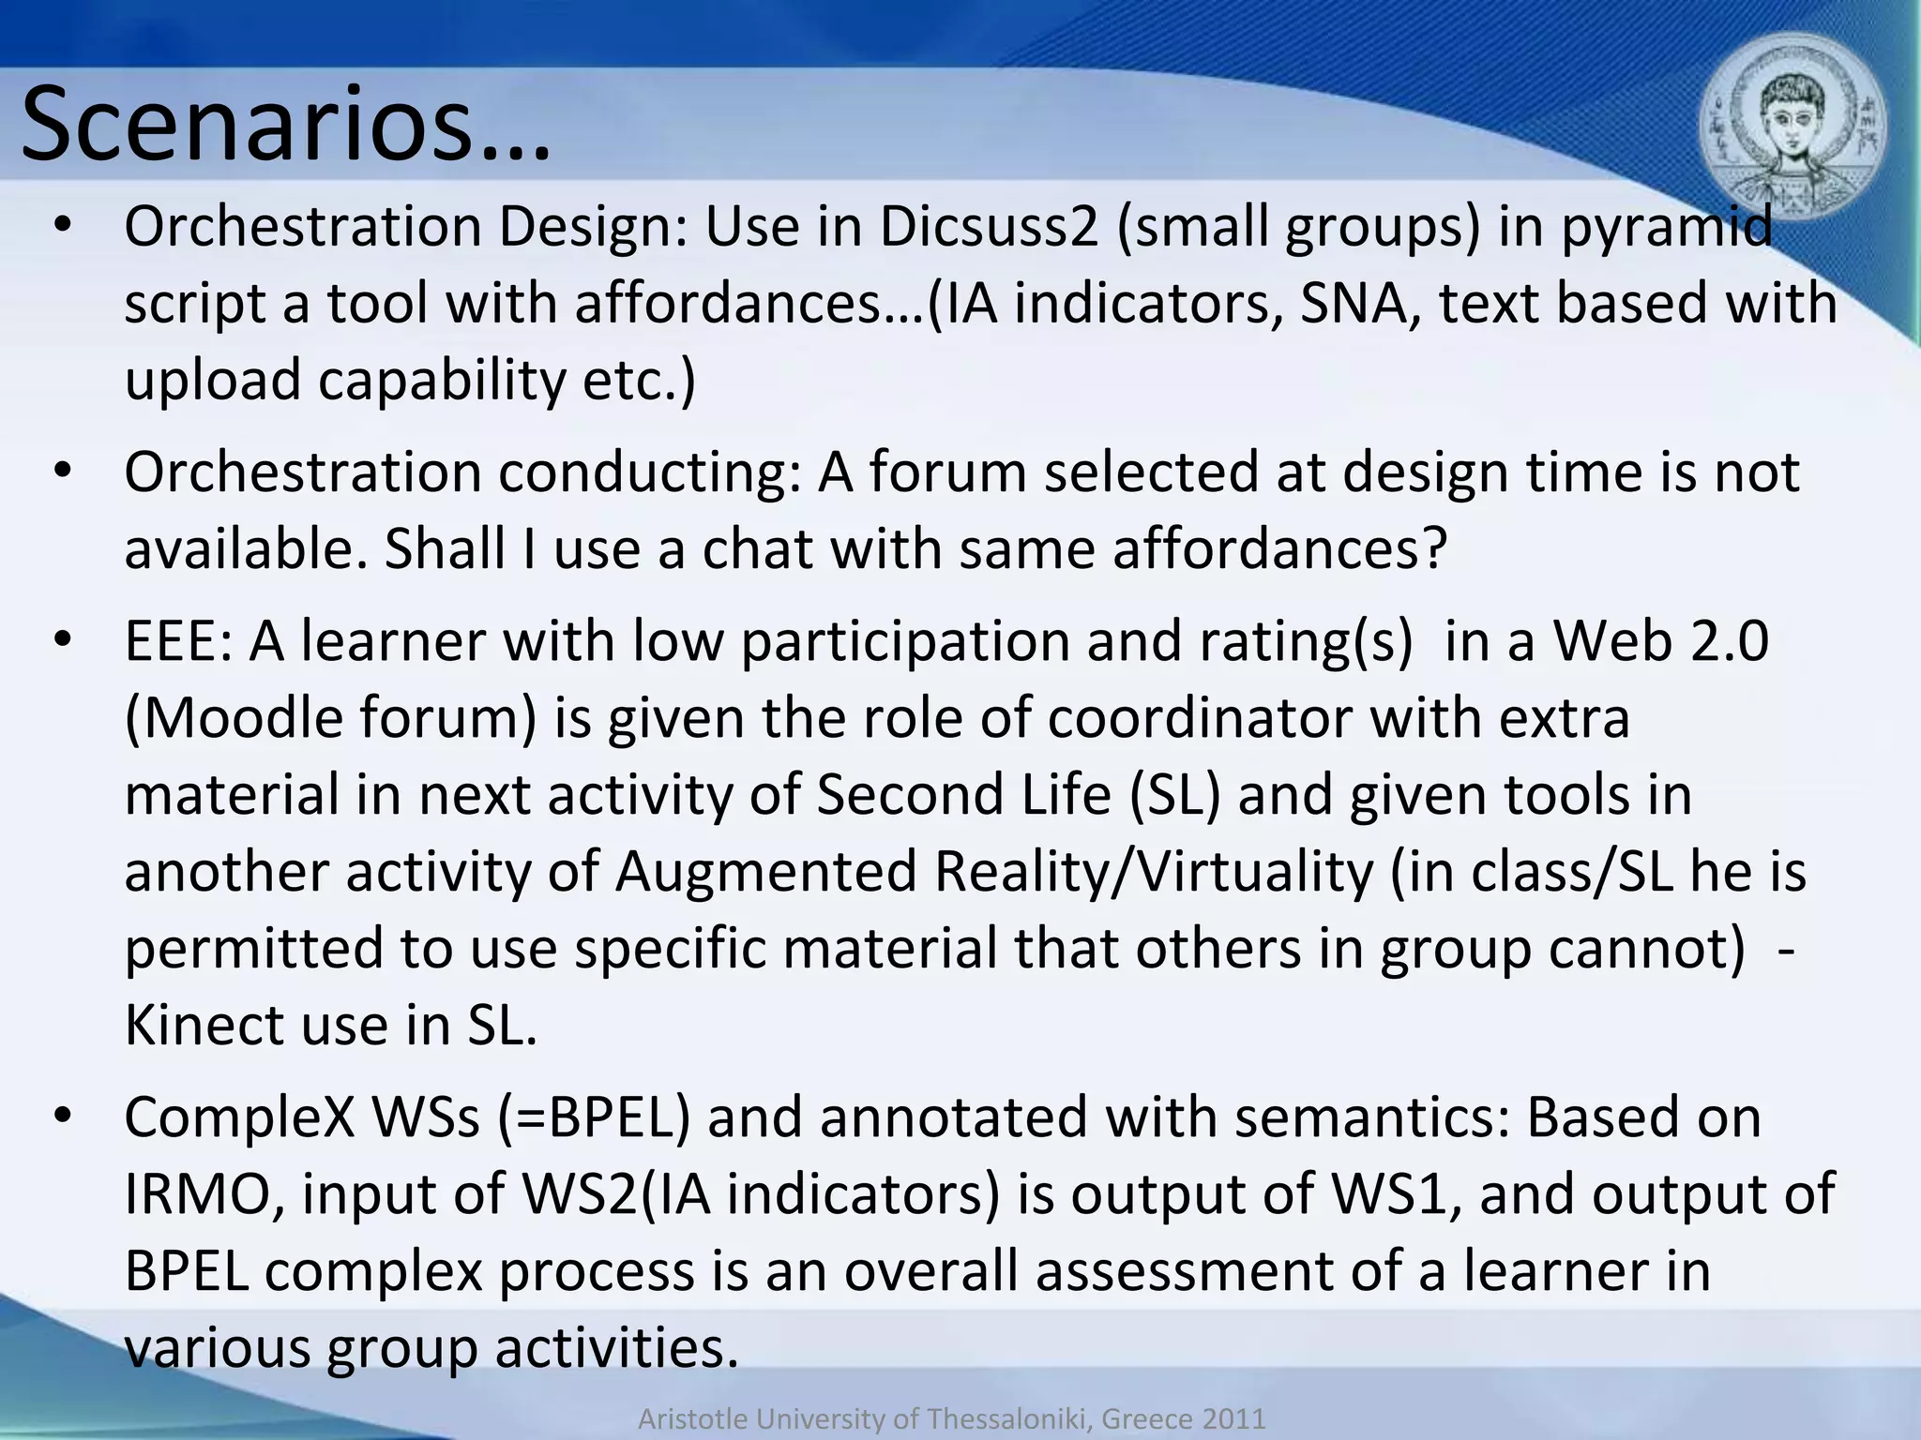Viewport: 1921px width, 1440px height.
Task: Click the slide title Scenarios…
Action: coord(285,124)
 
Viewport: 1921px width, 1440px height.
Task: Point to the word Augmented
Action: coord(766,872)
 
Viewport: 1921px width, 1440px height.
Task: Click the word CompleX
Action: coord(239,1117)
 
